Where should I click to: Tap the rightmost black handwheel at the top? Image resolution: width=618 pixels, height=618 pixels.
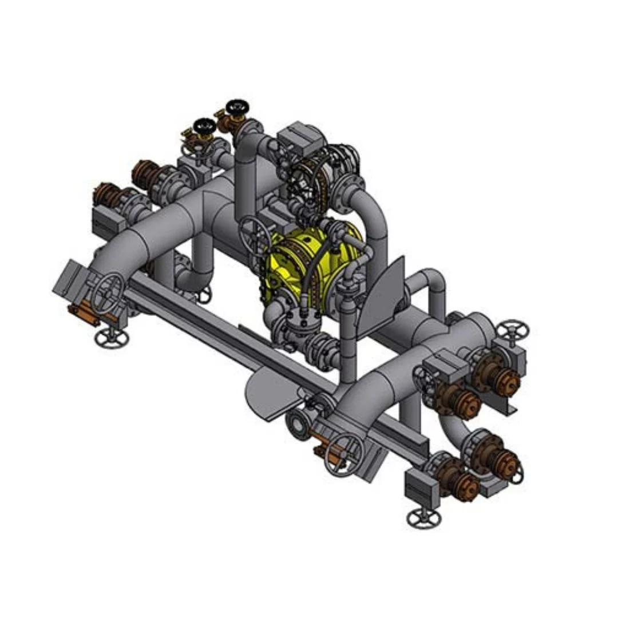[x=236, y=107]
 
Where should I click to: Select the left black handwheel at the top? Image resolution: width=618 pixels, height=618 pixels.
[x=204, y=125]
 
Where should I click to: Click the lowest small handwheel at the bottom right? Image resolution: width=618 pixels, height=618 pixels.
[x=423, y=518]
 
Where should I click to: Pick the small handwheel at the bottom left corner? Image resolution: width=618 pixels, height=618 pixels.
[x=112, y=338]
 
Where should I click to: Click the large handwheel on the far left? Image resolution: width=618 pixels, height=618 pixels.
[x=109, y=292]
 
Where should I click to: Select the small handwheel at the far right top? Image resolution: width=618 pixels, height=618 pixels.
[x=512, y=330]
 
